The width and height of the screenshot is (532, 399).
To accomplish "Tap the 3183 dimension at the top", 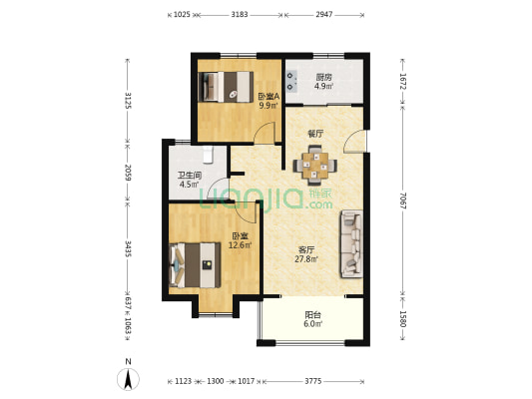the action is point(240,15).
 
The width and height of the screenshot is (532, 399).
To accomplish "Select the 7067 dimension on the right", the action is point(402,200).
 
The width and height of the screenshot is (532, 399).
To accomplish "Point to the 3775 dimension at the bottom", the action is point(312,381).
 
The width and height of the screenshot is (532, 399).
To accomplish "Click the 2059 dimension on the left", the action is point(128,173).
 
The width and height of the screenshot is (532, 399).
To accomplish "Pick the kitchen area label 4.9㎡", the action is point(323,86).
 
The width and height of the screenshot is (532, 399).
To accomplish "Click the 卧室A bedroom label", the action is point(268,97).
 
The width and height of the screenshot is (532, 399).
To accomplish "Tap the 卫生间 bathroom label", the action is point(190,176).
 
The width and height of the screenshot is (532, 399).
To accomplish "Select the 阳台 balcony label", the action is point(312,315).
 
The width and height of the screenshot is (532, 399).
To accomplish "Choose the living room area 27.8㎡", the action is point(306,259).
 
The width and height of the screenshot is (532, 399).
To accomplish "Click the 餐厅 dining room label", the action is point(315,134).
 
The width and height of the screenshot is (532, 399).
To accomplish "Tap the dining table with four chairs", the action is point(315,166).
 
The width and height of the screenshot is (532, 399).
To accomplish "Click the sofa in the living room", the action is point(352,243).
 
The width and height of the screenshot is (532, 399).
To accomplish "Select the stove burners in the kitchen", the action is point(291,82).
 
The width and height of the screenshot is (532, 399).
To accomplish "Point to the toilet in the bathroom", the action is point(208,155).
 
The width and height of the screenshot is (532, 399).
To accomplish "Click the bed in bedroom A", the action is point(226,87).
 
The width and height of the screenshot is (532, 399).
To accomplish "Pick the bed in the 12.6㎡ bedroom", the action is point(195,265).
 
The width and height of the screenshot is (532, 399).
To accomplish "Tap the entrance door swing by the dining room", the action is point(355,142).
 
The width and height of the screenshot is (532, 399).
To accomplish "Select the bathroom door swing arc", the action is point(219,189).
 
